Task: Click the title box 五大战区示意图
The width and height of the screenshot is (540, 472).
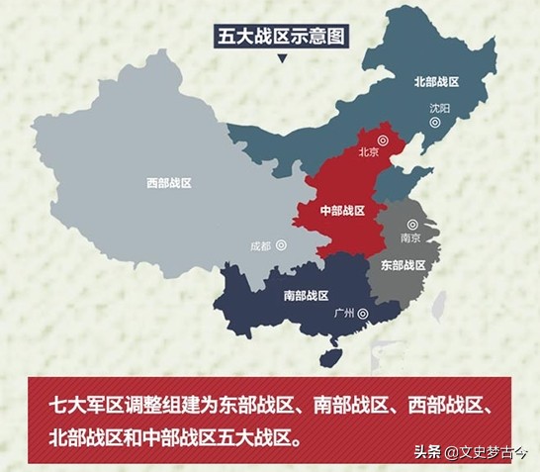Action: click(283, 37)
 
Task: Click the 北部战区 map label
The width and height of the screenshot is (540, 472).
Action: click(438, 83)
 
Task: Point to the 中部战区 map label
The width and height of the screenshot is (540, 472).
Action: click(343, 211)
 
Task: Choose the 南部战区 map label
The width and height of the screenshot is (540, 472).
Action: click(305, 295)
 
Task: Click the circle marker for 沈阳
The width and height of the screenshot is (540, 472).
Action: click(435, 123)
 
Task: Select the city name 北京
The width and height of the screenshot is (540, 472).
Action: click(369, 152)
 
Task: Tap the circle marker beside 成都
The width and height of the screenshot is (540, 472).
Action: click(282, 243)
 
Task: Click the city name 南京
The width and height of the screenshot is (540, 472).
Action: click(410, 238)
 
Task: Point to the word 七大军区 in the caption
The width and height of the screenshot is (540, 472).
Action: click(86, 406)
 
